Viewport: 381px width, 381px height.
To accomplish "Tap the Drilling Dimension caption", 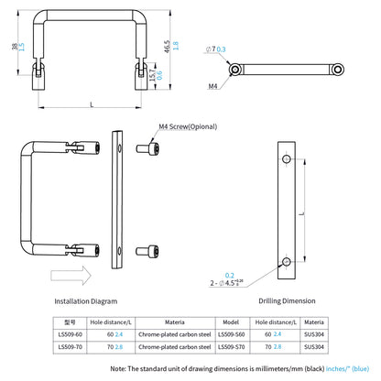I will tap(288, 300).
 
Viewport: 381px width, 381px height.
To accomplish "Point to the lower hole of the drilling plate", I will tap(288, 262).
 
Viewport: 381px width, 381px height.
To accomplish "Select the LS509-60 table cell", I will tap(70, 334).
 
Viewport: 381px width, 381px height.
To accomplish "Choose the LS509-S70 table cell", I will tap(234, 346).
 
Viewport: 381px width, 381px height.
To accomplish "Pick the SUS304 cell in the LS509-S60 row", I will tap(313, 334).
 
